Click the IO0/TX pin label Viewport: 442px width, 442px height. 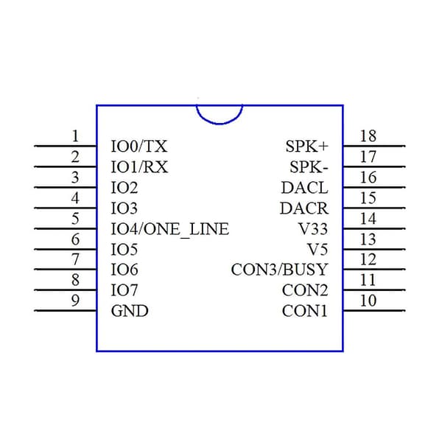139,147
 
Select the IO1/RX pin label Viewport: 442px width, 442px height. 139,167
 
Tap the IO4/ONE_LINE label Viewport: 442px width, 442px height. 169,229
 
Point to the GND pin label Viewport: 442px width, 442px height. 130,311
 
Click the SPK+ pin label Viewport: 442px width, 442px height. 307,147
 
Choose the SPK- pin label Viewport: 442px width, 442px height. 309,167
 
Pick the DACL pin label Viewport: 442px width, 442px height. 305,187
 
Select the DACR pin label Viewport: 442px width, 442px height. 304,208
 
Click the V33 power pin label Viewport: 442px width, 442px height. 313,229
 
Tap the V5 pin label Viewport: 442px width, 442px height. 318,250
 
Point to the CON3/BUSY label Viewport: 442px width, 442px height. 280,270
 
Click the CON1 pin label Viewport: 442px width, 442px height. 305,311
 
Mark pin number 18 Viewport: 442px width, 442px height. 368,136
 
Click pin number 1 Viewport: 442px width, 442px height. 75,136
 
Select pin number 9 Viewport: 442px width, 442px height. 75,301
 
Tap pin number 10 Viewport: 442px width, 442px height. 368,301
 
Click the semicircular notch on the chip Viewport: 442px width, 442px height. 220,124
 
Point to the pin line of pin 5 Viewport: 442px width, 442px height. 66,228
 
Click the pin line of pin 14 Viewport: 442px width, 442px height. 374,228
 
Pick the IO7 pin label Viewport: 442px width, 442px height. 124,290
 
